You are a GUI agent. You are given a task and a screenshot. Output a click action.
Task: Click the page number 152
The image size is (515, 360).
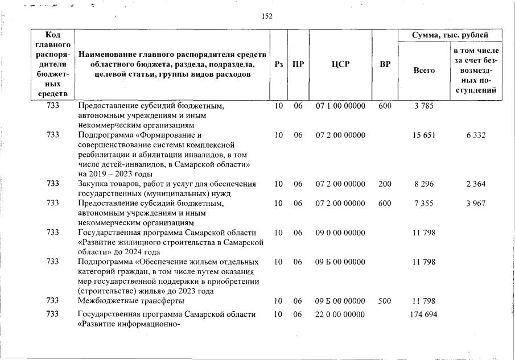(x=267, y=16)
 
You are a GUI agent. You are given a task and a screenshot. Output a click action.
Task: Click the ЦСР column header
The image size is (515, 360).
(x=340, y=64)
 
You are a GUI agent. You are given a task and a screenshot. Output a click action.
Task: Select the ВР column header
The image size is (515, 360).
(x=385, y=64)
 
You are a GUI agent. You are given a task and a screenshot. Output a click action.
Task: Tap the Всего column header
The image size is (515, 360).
(x=423, y=70)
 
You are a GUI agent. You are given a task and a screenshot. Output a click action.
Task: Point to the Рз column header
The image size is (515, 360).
(x=279, y=64)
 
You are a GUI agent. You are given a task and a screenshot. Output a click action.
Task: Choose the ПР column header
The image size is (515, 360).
(x=298, y=64)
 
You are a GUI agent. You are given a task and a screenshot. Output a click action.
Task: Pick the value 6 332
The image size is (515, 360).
(x=475, y=135)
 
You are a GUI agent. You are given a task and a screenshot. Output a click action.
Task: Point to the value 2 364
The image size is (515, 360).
(x=475, y=184)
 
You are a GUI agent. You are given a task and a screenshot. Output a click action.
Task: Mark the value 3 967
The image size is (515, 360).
(x=475, y=204)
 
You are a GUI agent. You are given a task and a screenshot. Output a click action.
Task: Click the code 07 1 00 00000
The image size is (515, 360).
(x=340, y=105)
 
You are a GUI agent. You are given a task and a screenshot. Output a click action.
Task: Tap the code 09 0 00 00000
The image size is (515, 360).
(x=340, y=233)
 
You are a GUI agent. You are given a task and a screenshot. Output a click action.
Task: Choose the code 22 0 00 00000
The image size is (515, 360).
(x=340, y=315)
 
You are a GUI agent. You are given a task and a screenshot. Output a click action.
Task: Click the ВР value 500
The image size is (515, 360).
(x=385, y=300)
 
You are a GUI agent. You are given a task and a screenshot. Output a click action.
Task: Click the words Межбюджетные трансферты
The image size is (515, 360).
(x=131, y=300)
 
